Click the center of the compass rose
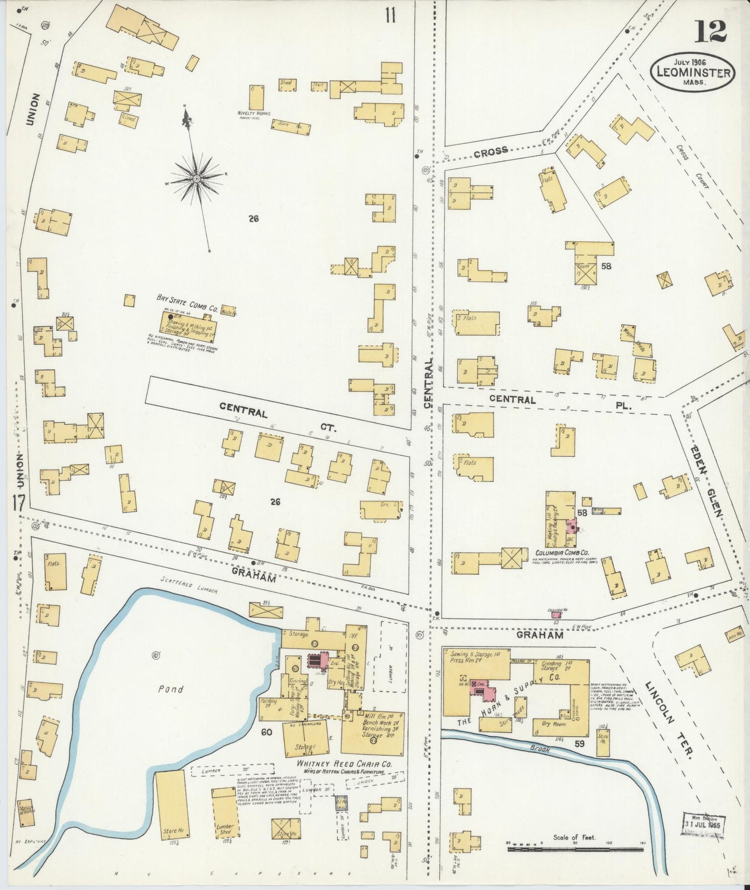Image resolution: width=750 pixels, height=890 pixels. (x=197, y=179)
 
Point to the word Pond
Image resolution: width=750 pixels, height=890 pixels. (x=171, y=689)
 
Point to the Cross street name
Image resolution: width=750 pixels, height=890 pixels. (x=490, y=152)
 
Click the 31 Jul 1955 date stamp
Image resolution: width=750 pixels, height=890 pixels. (x=703, y=824)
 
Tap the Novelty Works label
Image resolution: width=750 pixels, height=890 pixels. (x=253, y=113)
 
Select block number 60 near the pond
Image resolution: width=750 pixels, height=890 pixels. (x=267, y=733)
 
